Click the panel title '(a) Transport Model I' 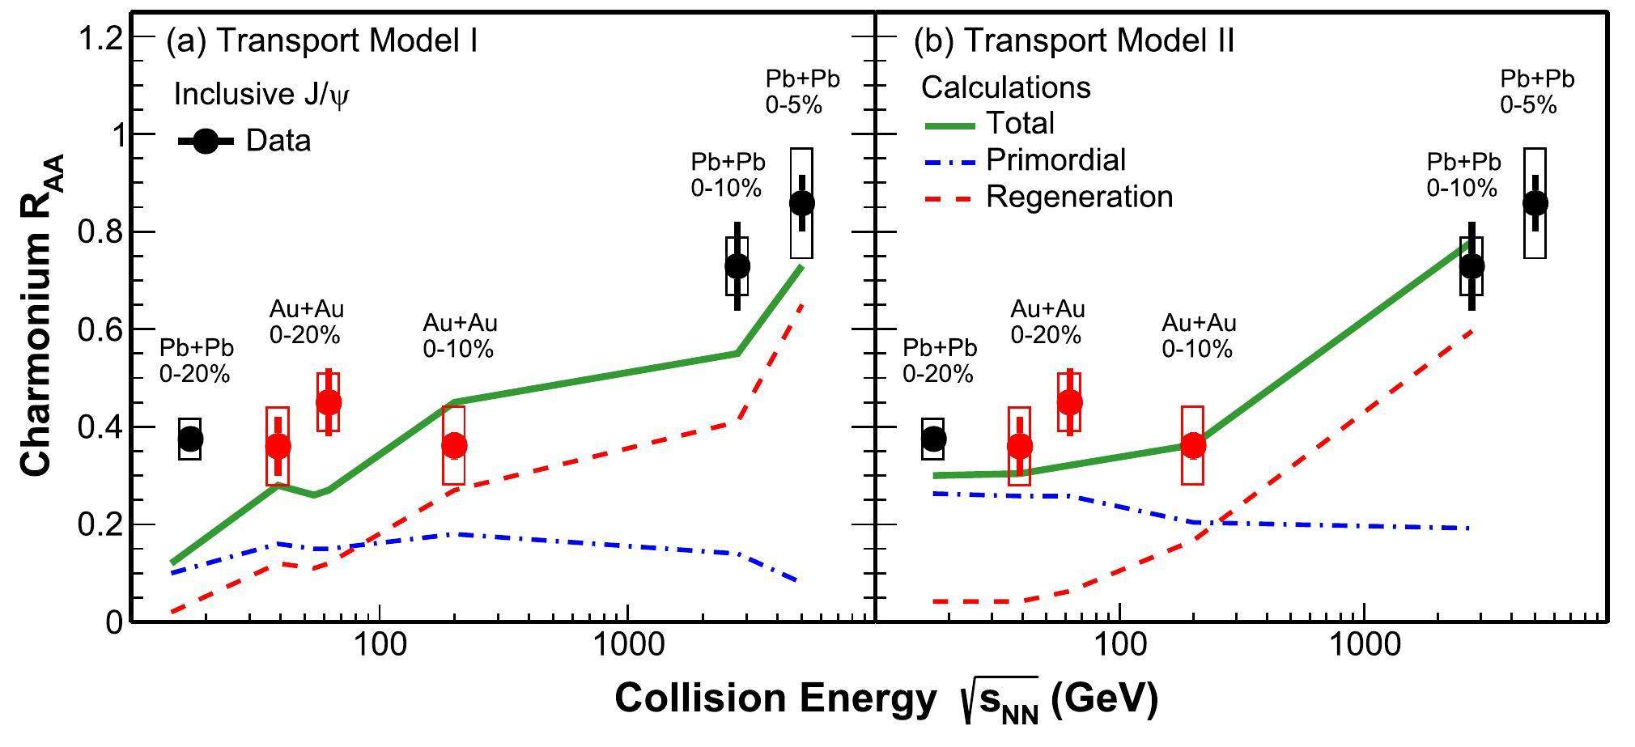321,40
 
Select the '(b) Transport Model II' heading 1073,40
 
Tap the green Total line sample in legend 951,125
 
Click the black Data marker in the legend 206,141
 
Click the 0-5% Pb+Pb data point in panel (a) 801,202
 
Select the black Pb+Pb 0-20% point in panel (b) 933,439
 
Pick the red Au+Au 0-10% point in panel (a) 454,444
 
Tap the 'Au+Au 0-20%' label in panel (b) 1047,321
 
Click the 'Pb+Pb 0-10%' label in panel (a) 728,174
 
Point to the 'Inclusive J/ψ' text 261,95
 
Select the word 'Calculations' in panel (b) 1006,87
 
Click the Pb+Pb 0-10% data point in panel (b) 1471,265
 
